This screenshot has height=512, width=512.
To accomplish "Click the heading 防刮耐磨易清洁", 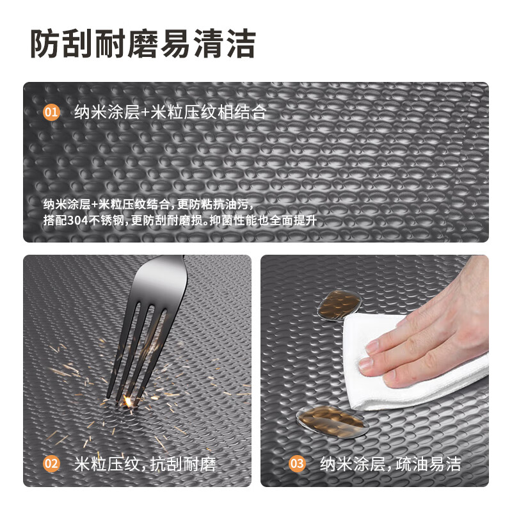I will (x=143, y=44).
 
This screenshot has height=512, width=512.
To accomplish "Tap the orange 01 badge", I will (x=51, y=113).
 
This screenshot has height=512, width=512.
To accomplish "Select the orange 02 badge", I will (x=51, y=463).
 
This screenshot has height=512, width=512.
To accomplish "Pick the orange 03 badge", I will (x=297, y=463).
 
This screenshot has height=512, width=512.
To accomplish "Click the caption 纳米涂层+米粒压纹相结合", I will (x=170, y=113).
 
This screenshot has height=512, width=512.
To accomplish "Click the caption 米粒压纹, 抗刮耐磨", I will (x=145, y=463).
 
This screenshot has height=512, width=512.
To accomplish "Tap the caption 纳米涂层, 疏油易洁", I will (x=390, y=463).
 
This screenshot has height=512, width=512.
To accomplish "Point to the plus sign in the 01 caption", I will (x=145, y=114).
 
